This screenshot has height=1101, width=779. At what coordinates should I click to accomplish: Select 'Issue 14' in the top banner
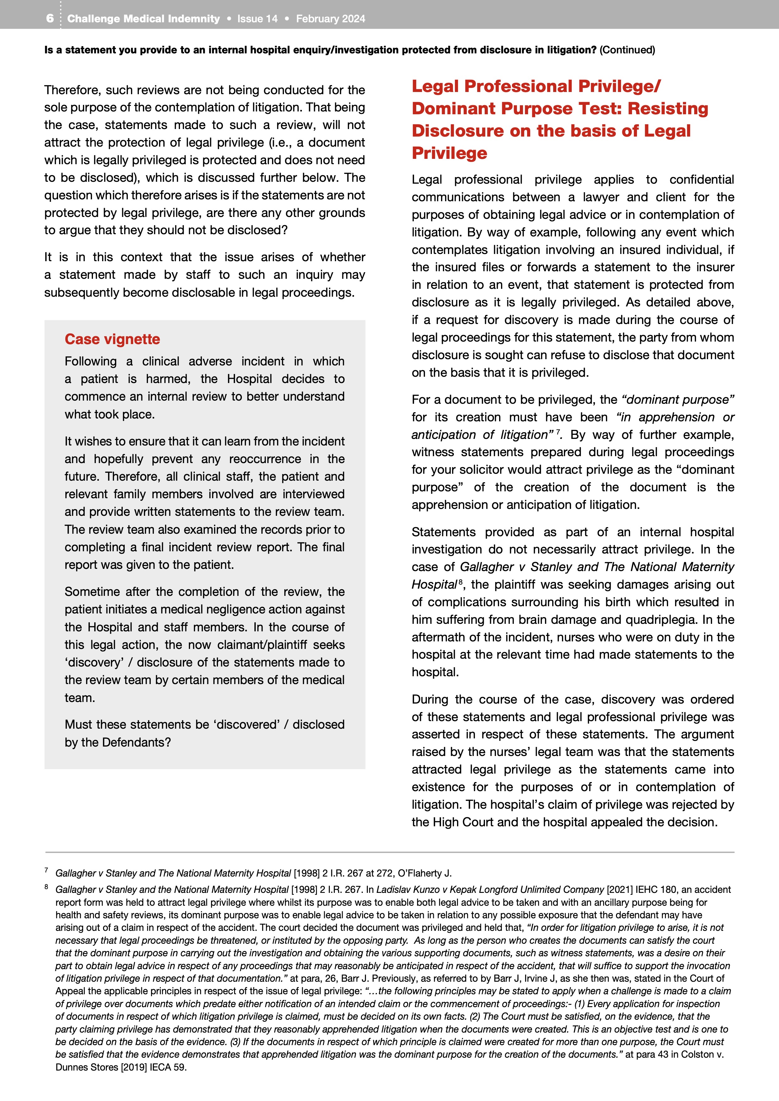(x=257, y=19)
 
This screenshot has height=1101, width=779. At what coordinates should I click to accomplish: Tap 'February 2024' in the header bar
(x=330, y=19)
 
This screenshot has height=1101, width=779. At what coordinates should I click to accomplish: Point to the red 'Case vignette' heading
(x=112, y=339)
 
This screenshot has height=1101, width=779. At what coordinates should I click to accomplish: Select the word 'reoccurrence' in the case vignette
(x=265, y=459)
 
